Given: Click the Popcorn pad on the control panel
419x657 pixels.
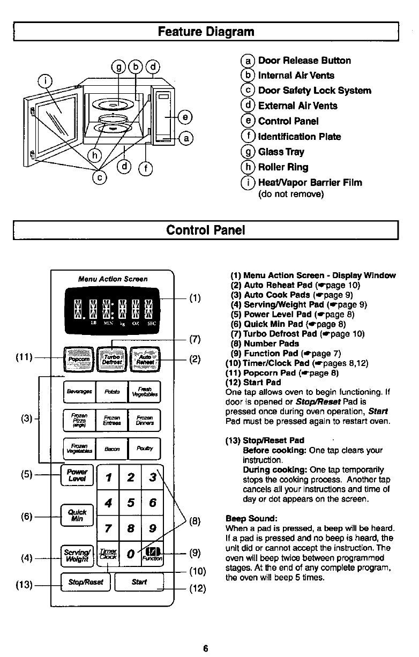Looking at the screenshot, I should point(79,358).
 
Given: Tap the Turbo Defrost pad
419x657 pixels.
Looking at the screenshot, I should point(111,358).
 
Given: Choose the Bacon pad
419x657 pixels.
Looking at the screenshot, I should point(111,449).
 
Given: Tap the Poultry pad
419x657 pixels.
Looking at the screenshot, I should point(144,449).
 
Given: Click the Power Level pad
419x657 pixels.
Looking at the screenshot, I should point(78,475).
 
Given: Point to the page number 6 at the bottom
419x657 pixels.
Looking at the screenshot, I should point(205,648).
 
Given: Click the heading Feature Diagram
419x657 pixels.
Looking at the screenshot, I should point(206,31).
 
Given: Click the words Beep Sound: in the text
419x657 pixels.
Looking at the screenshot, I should point(251,519).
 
